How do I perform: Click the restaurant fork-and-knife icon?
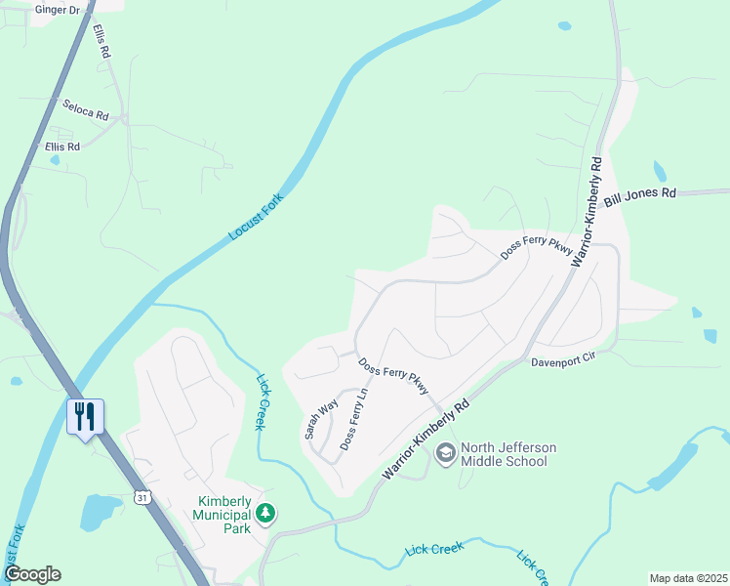(84, 417)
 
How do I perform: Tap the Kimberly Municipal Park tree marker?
(264, 512)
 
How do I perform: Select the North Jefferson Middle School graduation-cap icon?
(446, 453)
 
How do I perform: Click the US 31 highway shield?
(142, 497)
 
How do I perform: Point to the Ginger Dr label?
(57, 9)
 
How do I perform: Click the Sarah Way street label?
(321, 418)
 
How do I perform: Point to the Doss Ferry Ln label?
(352, 419)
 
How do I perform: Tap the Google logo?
(31, 574)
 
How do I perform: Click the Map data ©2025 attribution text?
(687, 578)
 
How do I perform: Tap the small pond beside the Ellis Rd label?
(54, 159)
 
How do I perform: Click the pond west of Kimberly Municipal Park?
(100, 511)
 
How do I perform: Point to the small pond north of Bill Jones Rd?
(660, 172)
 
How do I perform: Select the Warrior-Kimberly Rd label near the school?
(426, 439)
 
